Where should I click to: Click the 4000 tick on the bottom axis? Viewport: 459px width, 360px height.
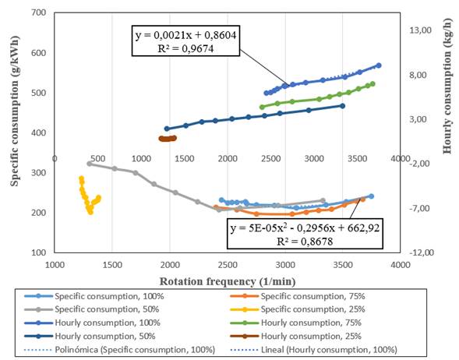(x=400, y=264)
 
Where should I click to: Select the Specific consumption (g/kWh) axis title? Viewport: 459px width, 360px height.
(x=15, y=132)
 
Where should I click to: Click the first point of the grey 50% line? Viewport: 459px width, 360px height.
(x=89, y=164)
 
